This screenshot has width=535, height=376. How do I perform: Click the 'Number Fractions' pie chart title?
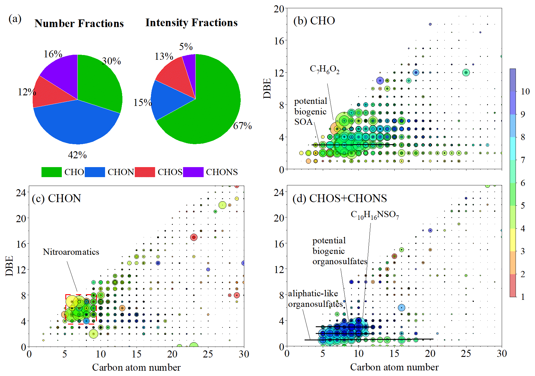point(79,23)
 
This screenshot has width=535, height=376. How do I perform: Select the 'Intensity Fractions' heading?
point(191,22)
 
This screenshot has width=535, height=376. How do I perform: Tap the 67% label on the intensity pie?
point(242,126)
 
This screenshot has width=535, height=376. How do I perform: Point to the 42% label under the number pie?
point(77,155)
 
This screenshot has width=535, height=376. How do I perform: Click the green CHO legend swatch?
point(51,172)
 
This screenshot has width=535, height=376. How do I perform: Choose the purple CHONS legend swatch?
point(193,172)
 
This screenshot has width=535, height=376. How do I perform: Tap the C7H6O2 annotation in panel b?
point(325,69)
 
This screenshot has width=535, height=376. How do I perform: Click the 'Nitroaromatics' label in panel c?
point(71,252)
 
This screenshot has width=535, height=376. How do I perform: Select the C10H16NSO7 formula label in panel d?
point(375,215)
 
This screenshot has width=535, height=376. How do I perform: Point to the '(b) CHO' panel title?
point(314,21)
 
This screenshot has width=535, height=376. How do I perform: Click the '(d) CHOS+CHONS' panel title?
point(339,198)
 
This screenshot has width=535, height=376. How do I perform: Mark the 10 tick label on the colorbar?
point(525,91)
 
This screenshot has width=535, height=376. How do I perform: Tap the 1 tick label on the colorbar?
point(523,297)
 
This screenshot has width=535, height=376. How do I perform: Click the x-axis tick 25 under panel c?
point(208,354)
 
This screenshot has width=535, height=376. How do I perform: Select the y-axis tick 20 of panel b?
point(279,9)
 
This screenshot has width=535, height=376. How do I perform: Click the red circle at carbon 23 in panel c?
point(193,237)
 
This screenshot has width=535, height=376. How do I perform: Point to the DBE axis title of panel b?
point(267,88)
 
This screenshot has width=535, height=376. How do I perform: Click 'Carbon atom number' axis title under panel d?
point(394,367)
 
